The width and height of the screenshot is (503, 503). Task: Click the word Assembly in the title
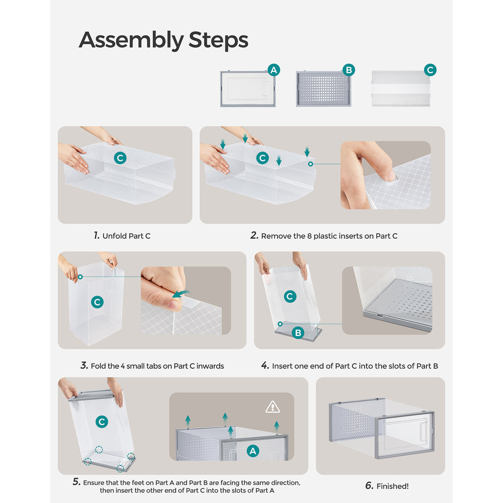coord(131,41)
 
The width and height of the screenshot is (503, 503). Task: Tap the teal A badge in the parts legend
coord(274,70)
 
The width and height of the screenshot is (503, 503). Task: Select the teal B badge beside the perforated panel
coord(349,70)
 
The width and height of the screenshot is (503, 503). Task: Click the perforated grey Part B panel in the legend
coord(323,89)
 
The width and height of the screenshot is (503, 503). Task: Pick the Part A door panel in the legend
coord(248,89)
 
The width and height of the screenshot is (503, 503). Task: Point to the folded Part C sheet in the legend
coord(401,88)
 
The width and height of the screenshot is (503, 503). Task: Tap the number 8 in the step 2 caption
coord(309,236)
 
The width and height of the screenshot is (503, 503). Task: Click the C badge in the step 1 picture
coord(120,158)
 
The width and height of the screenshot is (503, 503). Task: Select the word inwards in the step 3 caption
coord(210,366)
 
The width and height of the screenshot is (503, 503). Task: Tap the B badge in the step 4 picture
coord(298,333)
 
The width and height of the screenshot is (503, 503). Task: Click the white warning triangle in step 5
coord(273,407)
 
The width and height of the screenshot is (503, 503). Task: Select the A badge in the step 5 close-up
coord(253,451)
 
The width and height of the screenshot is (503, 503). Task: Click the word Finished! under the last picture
coord(392,486)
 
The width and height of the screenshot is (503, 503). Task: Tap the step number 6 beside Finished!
coord(369,486)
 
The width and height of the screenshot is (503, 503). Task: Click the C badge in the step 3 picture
coord(97,302)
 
